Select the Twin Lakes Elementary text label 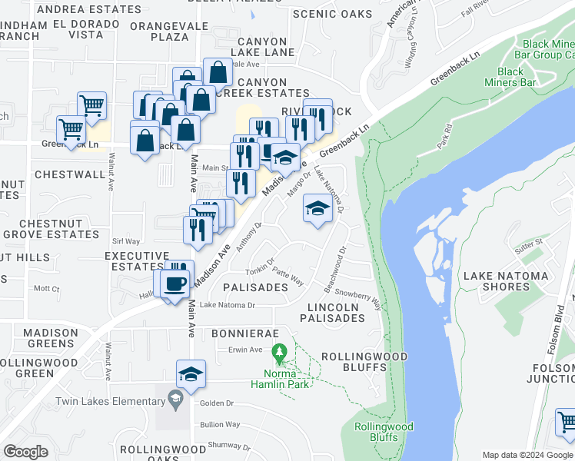click(105, 401)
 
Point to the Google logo click(25, 452)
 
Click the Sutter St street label click(529, 243)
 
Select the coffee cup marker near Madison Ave click(175, 282)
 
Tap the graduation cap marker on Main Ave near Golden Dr click(191, 373)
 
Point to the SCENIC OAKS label click(332, 14)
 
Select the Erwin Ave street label click(245, 350)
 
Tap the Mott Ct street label click(47, 289)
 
